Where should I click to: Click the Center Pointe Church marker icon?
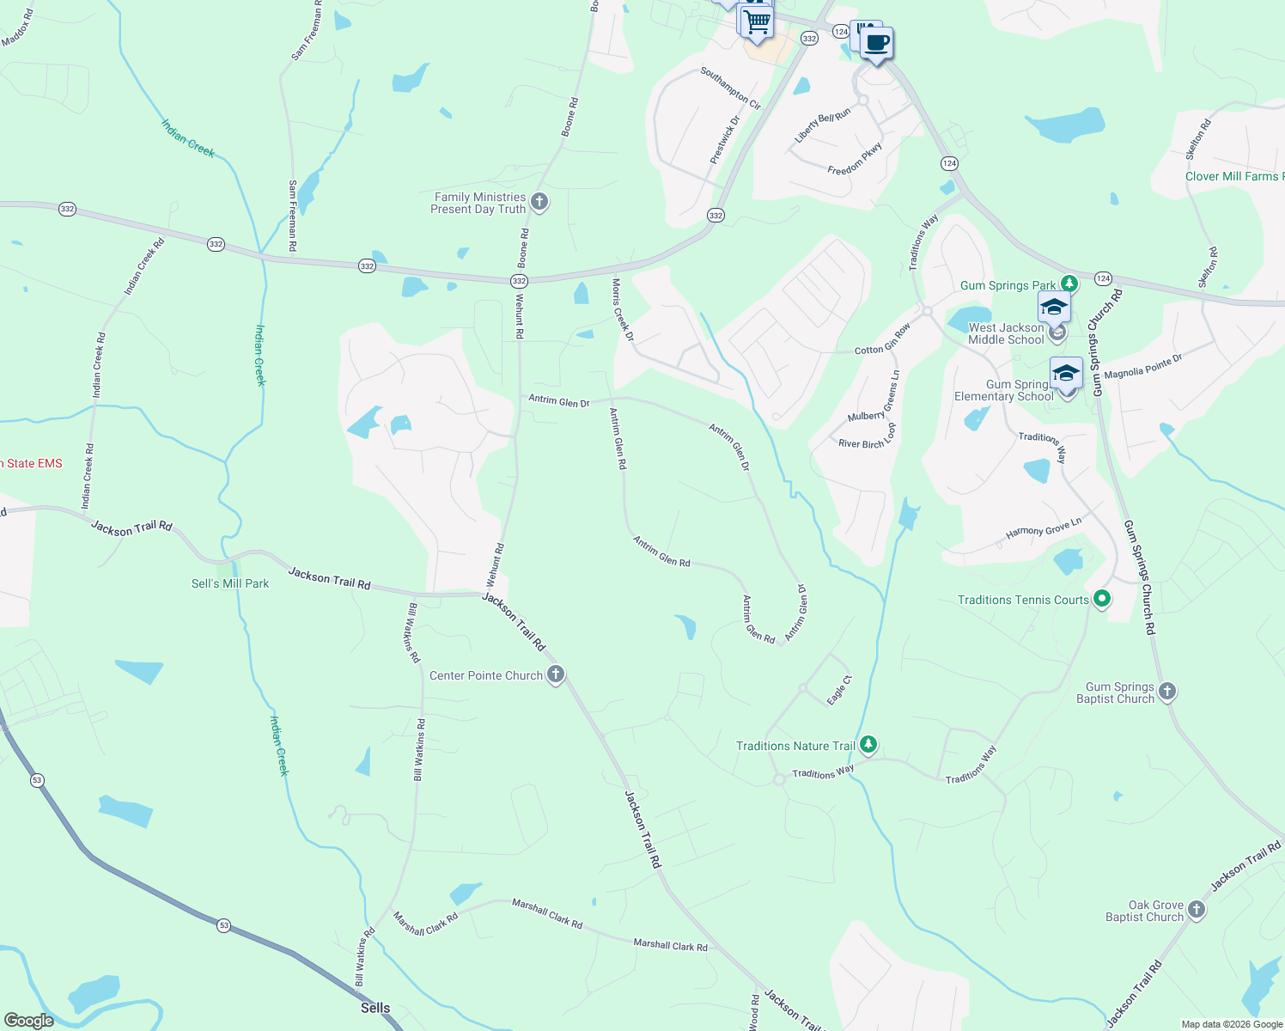tap(556, 674)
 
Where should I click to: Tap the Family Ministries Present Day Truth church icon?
tap(539, 202)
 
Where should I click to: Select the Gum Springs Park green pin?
tap(1069, 283)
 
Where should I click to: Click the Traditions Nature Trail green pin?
tap(868, 744)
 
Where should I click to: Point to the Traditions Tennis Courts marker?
tap(1103, 599)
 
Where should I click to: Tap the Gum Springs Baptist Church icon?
tap(1166, 691)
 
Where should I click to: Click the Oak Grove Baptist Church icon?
tap(1197, 909)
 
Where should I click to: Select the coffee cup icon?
tap(877, 42)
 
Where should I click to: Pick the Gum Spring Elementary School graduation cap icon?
tap(1066, 374)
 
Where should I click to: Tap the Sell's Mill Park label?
tap(230, 583)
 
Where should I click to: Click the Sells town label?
tap(375, 1008)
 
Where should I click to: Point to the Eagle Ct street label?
tap(839, 691)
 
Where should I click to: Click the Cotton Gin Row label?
tap(882, 339)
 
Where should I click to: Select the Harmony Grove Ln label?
tap(1044, 528)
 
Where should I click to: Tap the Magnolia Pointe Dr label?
tap(1142, 367)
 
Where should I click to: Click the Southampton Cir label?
tap(730, 88)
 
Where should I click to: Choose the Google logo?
tap(29, 1020)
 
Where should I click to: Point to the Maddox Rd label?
tap(17, 27)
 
